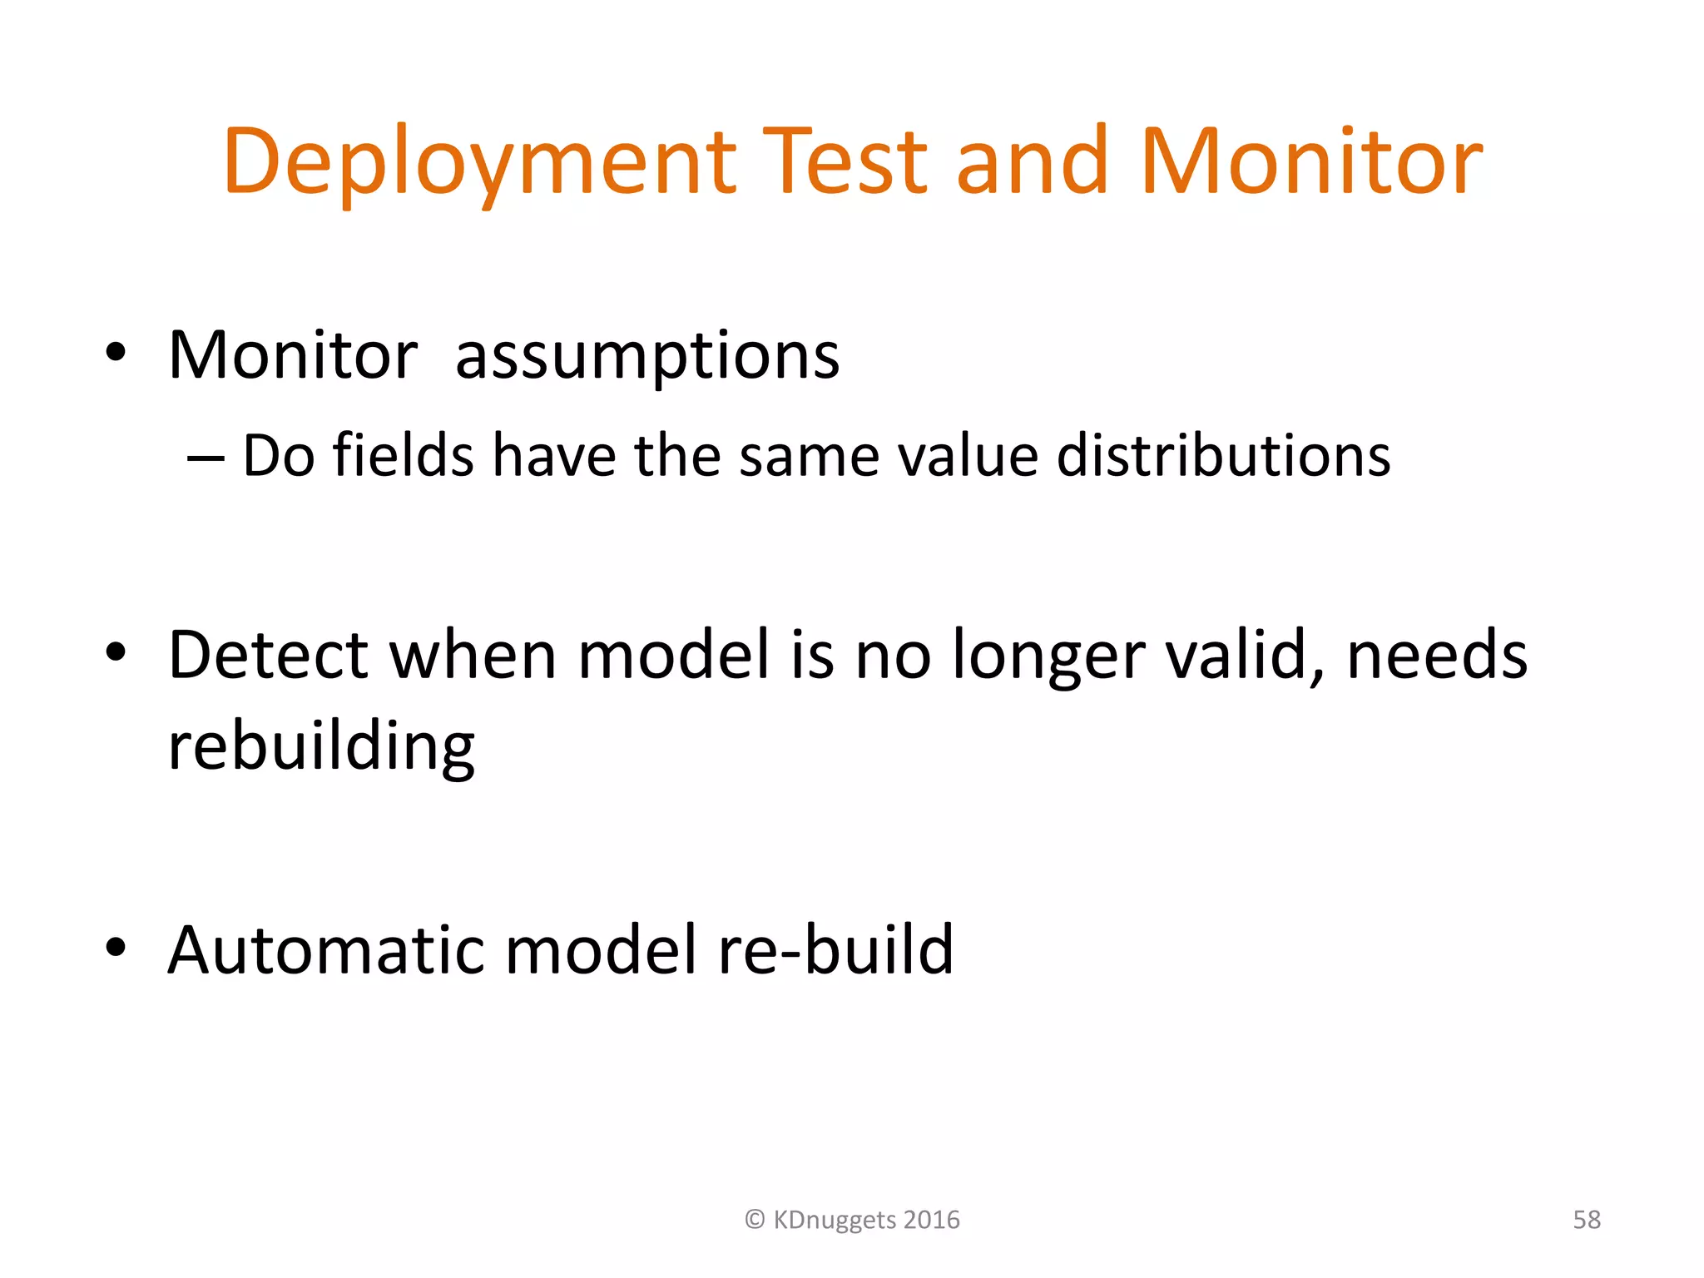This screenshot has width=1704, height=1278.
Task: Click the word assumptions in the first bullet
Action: pyautogui.click(x=647, y=357)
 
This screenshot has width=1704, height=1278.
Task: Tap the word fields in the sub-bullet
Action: pyautogui.click(x=403, y=456)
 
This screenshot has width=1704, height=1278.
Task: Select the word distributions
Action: pyautogui.click(x=1223, y=456)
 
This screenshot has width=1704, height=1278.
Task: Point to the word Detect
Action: pyautogui.click(x=268, y=656)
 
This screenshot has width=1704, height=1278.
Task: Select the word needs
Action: pyautogui.click(x=1437, y=656)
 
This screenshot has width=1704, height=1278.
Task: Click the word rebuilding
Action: pyautogui.click(x=321, y=746)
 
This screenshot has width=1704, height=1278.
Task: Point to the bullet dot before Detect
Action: pyautogui.click(x=116, y=652)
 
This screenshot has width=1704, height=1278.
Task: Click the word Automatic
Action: pyautogui.click(x=325, y=950)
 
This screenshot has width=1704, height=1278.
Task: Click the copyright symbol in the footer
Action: pyautogui.click(x=755, y=1220)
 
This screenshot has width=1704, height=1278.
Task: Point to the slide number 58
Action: pyautogui.click(x=1586, y=1220)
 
